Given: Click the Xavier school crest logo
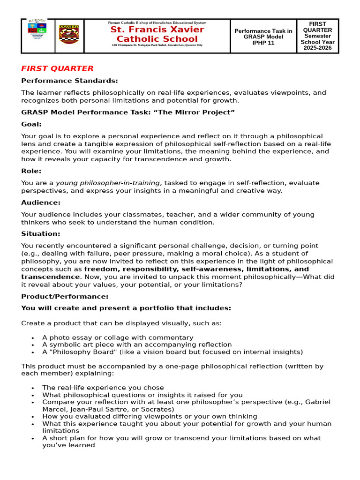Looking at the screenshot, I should click(69, 35).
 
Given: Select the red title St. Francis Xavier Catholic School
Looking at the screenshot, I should click(157, 34).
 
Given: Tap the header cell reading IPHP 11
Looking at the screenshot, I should click(263, 43).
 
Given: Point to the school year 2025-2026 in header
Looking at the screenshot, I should click(317, 48).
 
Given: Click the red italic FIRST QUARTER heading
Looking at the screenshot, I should click(57, 68).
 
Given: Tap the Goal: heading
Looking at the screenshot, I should click(31, 124).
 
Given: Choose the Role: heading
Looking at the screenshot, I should click(31, 171).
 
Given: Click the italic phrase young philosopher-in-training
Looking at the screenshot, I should click(108, 183).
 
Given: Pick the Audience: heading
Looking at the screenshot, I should click(41, 202).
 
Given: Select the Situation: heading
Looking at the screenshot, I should click(41, 233).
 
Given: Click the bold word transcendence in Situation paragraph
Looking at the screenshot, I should click(51, 277).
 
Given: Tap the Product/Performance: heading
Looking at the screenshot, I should click(65, 296).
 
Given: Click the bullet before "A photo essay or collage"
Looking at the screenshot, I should click(32, 338).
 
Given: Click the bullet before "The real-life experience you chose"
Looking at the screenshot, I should click(32, 388).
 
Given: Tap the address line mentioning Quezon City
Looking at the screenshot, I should click(157, 45).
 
